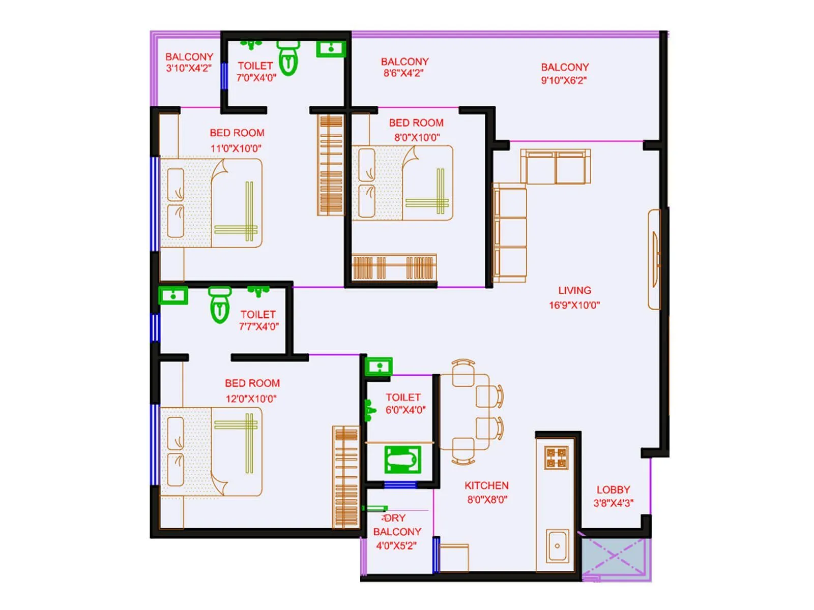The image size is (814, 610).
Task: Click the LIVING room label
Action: pyautogui.click(x=574, y=291)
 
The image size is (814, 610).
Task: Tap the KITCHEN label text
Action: pyautogui.click(x=486, y=485)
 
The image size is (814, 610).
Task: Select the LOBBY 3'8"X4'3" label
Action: pyautogui.click(x=613, y=496)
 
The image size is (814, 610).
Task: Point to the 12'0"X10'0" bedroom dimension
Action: pyautogui.click(x=251, y=399)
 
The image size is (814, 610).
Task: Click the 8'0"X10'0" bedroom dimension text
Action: pyautogui.click(x=417, y=137)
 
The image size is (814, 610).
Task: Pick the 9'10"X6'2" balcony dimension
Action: pyautogui.click(x=564, y=80)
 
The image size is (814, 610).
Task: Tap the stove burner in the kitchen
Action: pyautogui.click(x=556, y=457)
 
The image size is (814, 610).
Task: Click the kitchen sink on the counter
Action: pyautogui.click(x=557, y=546)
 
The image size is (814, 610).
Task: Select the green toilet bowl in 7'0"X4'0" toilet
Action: pyautogui.click(x=288, y=58)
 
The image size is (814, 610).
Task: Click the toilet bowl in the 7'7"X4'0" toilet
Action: pyautogui.click(x=220, y=305)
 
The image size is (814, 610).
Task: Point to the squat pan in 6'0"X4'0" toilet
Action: pyautogui.click(x=402, y=460)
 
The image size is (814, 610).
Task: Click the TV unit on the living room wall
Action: pyautogui.click(x=654, y=259)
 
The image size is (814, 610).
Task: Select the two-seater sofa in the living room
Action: pyautogui.click(x=556, y=167)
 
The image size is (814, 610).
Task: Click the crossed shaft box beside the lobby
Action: pyautogui.click(x=616, y=557)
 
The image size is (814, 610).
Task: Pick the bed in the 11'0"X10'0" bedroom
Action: pyautogui.click(x=211, y=203)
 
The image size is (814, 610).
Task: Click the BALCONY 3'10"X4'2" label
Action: pyautogui.click(x=189, y=63)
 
